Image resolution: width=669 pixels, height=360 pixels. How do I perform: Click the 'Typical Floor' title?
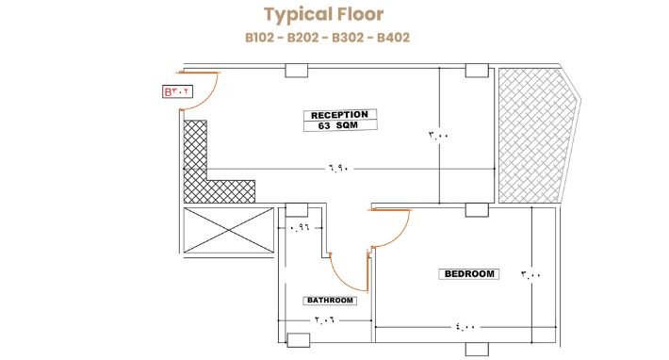click(x=324, y=14)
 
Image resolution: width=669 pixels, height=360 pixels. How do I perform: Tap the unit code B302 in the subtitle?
click(x=348, y=38)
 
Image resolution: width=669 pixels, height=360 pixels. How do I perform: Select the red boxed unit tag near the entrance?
click(x=177, y=91)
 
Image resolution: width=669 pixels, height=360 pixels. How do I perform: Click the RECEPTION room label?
click(x=339, y=115)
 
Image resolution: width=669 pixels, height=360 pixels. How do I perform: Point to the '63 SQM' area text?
click(x=338, y=126)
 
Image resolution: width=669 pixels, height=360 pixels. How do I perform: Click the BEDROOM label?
click(x=469, y=274)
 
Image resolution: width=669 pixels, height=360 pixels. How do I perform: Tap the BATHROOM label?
click(x=330, y=301)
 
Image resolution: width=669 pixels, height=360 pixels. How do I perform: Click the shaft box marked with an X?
click(x=229, y=230)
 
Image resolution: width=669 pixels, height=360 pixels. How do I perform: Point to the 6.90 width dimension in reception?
click(x=339, y=169)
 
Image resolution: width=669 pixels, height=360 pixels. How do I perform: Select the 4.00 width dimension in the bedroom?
click(x=465, y=327)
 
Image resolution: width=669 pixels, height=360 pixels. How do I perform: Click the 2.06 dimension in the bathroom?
click(x=325, y=319)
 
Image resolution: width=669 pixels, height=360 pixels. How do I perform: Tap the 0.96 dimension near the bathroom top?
click(x=299, y=227)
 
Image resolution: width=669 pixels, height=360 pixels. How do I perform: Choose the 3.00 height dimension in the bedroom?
click(x=530, y=274)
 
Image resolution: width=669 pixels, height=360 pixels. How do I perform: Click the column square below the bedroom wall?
click(x=477, y=349)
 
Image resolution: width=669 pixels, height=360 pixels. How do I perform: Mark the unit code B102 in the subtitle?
click(x=261, y=38)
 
